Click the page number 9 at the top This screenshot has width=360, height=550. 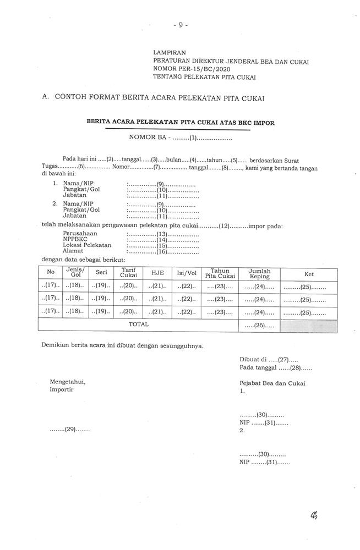[x=180, y=25]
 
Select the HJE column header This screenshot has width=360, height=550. [x=158, y=273]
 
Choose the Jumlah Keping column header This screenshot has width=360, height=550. [x=259, y=273]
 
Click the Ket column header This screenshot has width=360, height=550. [x=309, y=273]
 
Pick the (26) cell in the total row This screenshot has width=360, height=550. [x=259, y=326]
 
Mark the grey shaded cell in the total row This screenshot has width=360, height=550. [x=309, y=326]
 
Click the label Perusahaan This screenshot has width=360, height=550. [x=78, y=233]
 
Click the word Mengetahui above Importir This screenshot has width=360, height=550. [x=67, y=382]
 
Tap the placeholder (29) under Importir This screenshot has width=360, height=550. [x=70, y=430]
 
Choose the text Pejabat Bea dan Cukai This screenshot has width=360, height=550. [x=272, y=383]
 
